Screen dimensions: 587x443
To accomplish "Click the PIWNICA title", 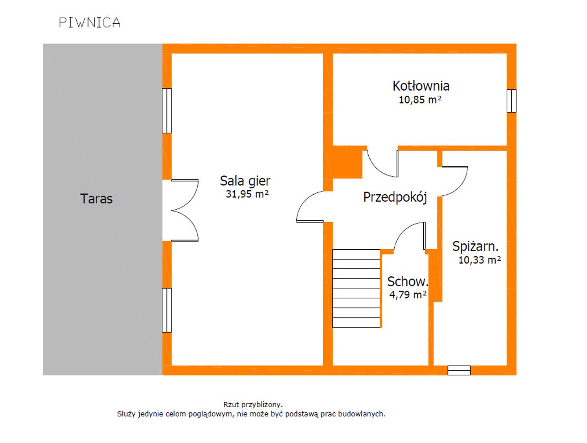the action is coord(89,22).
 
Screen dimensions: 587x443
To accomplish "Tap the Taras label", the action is coord(96,199).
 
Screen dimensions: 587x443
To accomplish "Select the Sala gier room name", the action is coord(245,181).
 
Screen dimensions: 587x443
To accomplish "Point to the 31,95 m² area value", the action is coord(247,194).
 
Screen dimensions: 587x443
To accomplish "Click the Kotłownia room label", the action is coord(421,86).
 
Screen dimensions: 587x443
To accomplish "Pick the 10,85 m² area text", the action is coord(420,99).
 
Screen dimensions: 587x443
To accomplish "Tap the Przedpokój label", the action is coord(395,197).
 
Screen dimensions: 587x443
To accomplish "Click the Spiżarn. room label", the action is coord(475,246).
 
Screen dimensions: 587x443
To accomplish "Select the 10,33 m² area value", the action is coord(480,260).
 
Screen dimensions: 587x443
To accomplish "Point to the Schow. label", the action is coord(408,281).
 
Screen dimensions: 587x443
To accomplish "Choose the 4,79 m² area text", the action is coord(408,295).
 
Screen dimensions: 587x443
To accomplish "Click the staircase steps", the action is coord(356,289).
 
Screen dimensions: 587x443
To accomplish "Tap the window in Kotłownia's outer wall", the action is coord(511,101).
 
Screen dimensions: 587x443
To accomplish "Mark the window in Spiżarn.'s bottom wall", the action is coord(459,370).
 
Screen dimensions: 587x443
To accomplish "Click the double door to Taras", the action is coord(184,210).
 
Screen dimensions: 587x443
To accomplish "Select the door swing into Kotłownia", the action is coord(382,164).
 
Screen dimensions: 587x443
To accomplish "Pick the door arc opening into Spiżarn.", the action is coord(454,181).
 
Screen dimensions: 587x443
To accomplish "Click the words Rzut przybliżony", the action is coord(253,405).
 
